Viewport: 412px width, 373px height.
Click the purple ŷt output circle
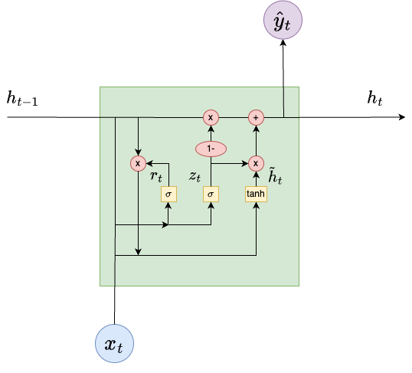pos(283,20)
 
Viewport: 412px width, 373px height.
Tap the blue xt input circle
pos(114,344)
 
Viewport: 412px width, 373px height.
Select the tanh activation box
pos(256,194)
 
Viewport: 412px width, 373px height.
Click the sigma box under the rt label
pos(168,194)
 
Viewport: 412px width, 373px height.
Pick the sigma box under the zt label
pos(211,194)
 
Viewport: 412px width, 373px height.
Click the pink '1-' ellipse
pos(211,149)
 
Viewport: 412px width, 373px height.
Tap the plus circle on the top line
pos(256,117)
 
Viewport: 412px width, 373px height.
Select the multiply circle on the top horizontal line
pos(211,117)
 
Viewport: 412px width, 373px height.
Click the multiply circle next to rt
pos(138,163)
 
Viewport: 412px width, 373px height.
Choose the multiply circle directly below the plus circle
pos(256,163)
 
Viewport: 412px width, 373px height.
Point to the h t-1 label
pos(22,98)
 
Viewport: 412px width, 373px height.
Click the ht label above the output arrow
pos(374,98)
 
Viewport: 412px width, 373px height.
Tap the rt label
pos(156,176)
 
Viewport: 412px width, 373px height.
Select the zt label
pos(195,176)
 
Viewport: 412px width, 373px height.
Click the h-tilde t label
pos(275,175)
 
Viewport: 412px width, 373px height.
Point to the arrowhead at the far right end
pos(402,117)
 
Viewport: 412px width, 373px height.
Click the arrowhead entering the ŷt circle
pos(283,43)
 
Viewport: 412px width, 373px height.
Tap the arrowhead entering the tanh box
pos(257,205)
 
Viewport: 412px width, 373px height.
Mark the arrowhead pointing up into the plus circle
pos(257,129)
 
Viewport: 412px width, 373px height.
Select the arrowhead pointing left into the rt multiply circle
pos(150,163)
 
